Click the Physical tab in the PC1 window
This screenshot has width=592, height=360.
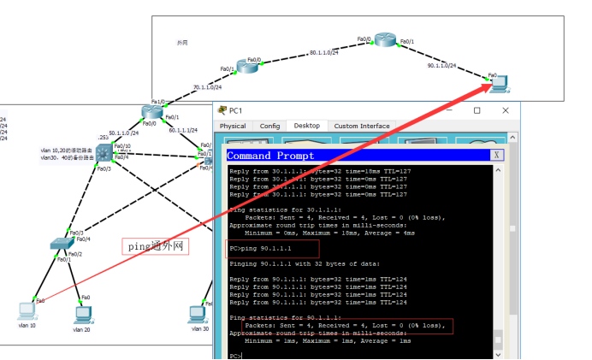tap(233, 126)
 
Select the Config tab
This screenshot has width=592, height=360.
tap(269, 126)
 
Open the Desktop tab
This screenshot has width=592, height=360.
tap(306, 126)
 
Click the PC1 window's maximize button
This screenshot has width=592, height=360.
tap(477, 109)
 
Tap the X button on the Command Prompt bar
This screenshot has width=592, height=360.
tap(496, 156)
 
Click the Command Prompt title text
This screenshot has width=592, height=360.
tap(270, 156)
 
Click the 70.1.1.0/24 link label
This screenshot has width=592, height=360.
tap(207, 87)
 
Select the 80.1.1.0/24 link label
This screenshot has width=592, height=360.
tap(324, 53)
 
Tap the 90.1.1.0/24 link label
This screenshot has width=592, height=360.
tap(442, 66)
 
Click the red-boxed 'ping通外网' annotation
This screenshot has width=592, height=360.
tap(155, 246)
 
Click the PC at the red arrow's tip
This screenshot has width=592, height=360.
tap(499, 83)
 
